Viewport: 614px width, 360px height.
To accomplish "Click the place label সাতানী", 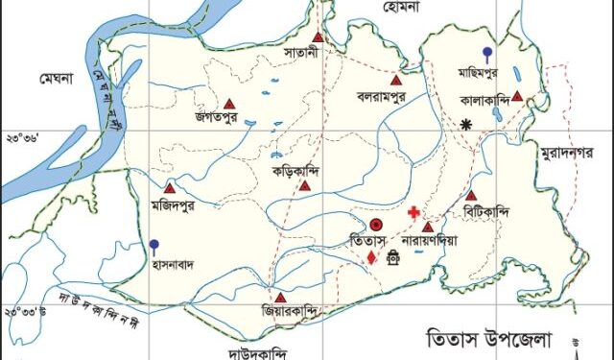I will point(315,48).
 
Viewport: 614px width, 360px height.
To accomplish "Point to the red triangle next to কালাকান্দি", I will point(517,96).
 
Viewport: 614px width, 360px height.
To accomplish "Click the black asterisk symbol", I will point(467,123).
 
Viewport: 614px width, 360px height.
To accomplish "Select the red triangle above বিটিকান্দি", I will point(471,195).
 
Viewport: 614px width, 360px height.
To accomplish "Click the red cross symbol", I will point(413,212).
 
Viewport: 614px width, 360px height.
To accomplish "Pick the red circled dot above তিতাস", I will point(376,223).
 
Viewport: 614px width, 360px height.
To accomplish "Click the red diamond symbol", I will point(371,257).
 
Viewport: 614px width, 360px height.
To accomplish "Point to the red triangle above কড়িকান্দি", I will point(304,185).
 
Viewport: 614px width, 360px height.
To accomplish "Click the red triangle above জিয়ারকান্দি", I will point(279,298).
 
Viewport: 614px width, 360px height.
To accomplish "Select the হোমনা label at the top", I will point(401,7).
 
